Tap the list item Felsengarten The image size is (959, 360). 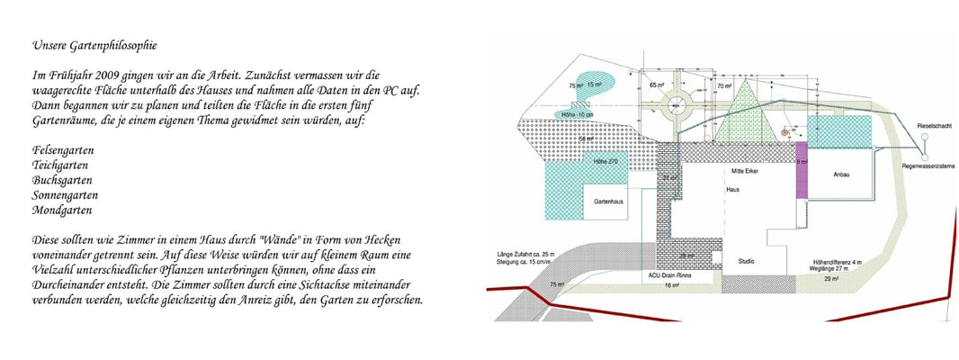click(64, 149)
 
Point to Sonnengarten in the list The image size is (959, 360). click(66, 195)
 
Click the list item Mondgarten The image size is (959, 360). click(62, 211)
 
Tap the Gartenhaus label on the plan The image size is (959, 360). click(609, 202)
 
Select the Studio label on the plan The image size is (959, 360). click(746, 261)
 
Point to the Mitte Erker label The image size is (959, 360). click(745, 171)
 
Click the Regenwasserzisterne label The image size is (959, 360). click(924, 167)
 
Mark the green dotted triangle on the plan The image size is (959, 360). click(745, 110)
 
